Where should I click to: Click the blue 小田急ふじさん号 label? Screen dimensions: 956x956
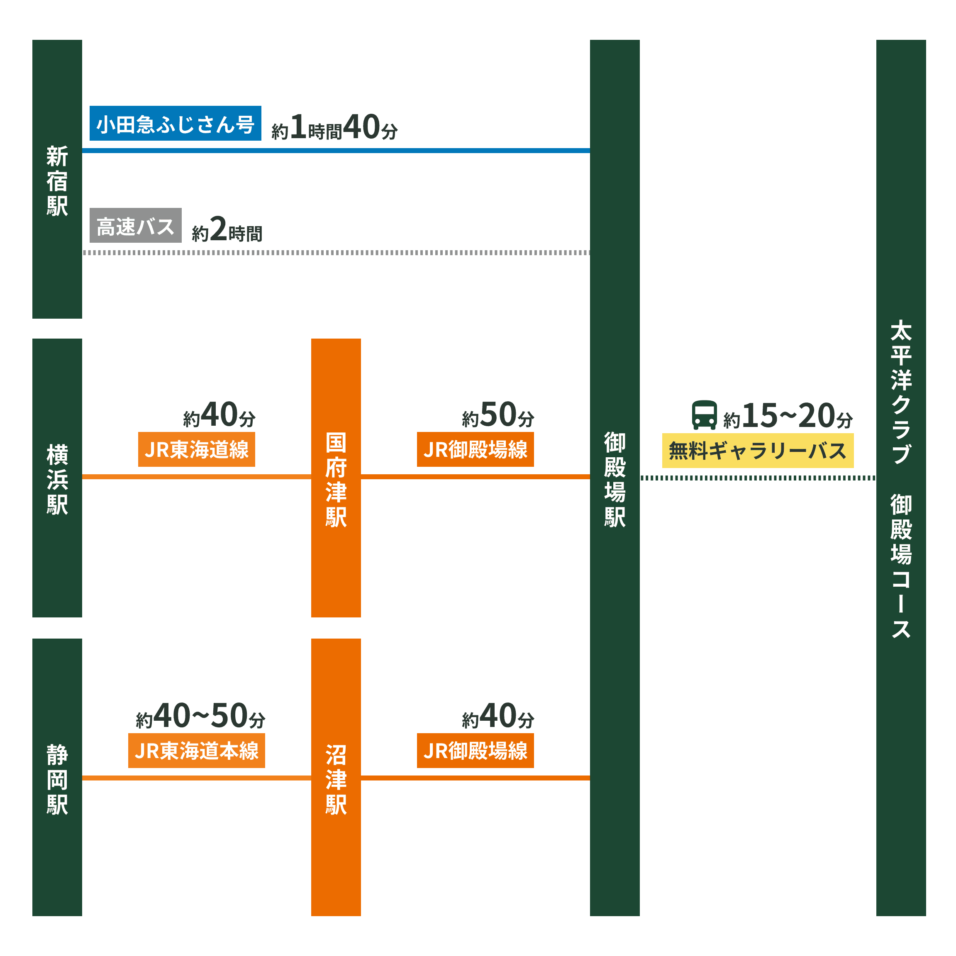tap(175, 124)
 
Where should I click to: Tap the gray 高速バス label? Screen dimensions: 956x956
tap(135, 226)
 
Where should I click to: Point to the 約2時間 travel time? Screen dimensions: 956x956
tap(227, 229)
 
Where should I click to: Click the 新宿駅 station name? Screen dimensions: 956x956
tap(57, 180)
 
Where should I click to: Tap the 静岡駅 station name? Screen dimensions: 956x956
tap(57, 779)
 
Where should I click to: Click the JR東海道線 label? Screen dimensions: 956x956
tap(196, 449)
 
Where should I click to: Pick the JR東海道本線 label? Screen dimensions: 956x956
tap(196, 751)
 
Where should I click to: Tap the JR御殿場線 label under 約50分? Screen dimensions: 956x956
tap(475, 449)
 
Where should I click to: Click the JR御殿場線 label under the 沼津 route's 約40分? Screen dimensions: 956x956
tap(475, 751)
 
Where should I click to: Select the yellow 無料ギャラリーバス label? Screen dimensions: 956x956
tap(758, 451)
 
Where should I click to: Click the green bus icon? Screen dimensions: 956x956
tap(704, 415)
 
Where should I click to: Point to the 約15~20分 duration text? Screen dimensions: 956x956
tap(788, 416)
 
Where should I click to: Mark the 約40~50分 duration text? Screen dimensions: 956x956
tap(200, 716)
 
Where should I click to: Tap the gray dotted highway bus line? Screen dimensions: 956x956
tap(337, 253)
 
